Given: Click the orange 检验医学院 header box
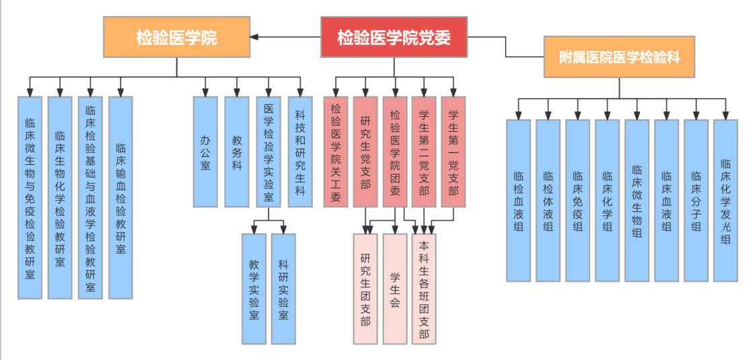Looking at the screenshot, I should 176,37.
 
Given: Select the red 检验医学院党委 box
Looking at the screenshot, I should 394,36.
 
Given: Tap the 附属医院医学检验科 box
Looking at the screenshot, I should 619,57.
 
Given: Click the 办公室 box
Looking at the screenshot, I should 205,151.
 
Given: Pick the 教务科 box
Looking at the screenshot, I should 237,151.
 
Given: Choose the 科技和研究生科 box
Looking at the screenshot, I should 300,151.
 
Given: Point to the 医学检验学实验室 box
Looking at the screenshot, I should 268,151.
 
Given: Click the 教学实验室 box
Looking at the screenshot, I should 254,289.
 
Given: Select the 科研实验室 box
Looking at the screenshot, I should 283,289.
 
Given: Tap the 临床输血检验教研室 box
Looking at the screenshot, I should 120,197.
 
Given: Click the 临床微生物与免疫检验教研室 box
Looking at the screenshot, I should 30,197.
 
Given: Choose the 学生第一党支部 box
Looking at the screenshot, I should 454,151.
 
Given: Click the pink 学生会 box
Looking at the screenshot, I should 395,289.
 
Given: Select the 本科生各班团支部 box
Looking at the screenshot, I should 424,289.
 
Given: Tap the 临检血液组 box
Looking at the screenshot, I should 518,200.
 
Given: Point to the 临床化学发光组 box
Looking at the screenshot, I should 725,200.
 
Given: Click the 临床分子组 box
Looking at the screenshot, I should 696,200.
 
